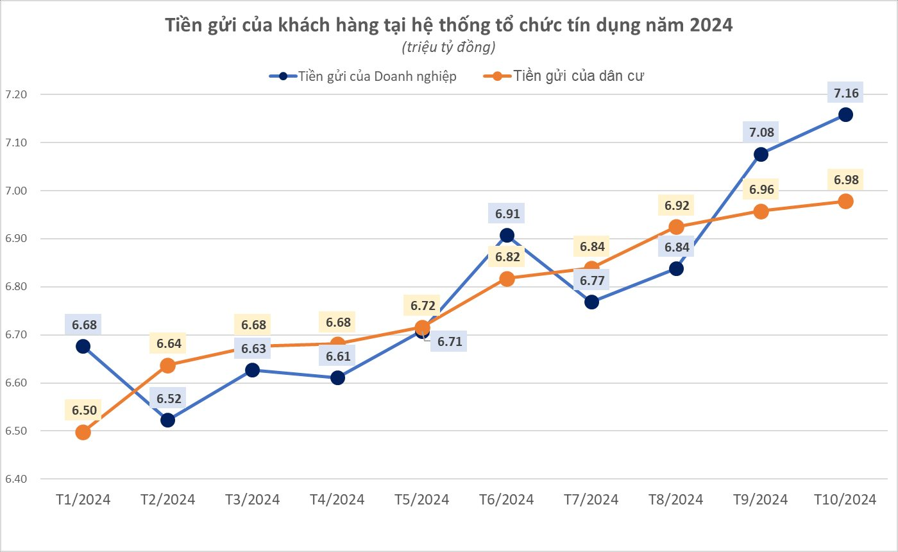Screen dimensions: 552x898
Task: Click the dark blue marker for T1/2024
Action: [x=83, y=346]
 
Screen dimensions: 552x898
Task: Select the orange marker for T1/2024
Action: [x=83, y=432]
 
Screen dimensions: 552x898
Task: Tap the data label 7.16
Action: [x=845, y=94]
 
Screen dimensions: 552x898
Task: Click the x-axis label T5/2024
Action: [x=422, y=499]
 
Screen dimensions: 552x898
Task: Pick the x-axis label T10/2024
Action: [x=845, y=499]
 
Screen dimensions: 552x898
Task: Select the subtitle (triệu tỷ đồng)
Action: [x=448, y=47]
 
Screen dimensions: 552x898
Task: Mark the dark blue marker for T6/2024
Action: [x=507, y=236]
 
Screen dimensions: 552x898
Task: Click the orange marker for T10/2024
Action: [x=845, y=201]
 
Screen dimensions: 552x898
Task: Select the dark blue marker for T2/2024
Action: [x=167, y=420]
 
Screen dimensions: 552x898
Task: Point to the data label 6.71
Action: [x=450, y=341]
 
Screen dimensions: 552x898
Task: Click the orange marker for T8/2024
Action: [x=676, y=227]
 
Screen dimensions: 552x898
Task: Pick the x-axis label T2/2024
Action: [x=167, y=499]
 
